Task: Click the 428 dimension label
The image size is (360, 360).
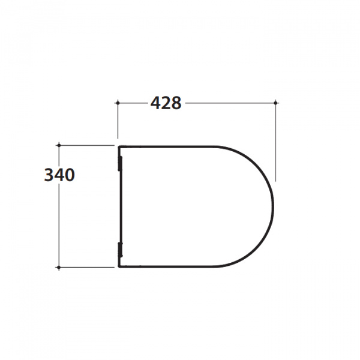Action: click(x=166, y=103)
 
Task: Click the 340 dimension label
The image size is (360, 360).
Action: click(x=59, y=175)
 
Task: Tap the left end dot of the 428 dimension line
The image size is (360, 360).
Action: click(x=118, y=103)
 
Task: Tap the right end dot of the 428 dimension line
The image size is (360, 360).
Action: click(x=275, y=103)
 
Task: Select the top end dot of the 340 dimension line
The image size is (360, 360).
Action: click(x=59, y=145)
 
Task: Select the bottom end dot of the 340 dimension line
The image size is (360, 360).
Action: click(x=59, y=268)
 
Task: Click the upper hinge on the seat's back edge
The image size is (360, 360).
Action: click(x=120, y=163)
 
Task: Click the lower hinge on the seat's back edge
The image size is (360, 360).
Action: click(x=120, y=250)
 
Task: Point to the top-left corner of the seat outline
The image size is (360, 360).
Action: click(x=118, y=146)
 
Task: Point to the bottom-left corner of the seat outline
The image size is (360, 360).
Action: click(x=118, y=267)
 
